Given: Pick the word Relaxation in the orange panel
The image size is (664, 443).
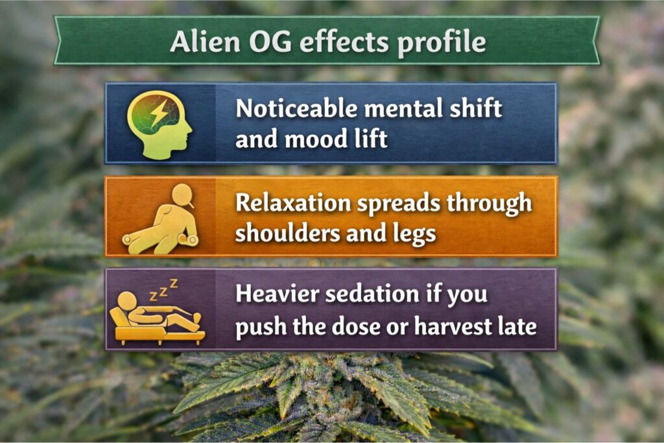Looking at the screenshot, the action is coord(293,202).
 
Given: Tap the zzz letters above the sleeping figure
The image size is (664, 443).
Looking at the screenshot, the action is coord(163,289).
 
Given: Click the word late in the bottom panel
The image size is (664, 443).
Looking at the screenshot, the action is coord(517,326).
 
